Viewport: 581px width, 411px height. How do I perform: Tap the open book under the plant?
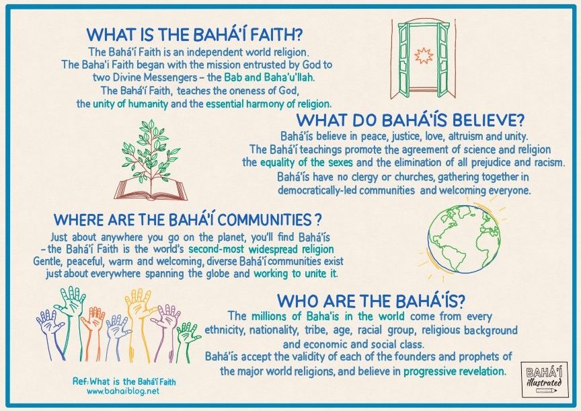151,188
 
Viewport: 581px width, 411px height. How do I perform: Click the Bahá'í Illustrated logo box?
543,379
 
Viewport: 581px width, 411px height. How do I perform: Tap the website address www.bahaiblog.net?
123,391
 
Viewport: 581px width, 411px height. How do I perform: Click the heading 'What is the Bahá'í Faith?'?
194,35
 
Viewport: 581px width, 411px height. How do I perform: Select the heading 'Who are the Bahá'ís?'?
371,301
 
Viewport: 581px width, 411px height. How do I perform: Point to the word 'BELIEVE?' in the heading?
489,121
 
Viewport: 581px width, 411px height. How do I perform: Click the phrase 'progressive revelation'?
454,371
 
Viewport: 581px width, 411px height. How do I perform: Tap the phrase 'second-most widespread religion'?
261,249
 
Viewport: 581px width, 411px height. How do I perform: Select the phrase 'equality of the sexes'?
306,162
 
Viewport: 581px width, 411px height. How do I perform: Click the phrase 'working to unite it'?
296,274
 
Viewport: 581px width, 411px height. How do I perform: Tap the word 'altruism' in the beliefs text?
463,136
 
